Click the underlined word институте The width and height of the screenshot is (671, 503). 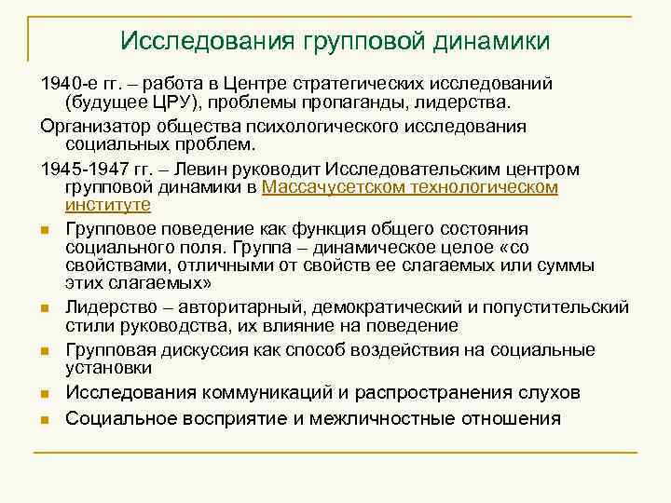tap(108, 204)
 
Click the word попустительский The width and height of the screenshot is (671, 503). tap(555, 307)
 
